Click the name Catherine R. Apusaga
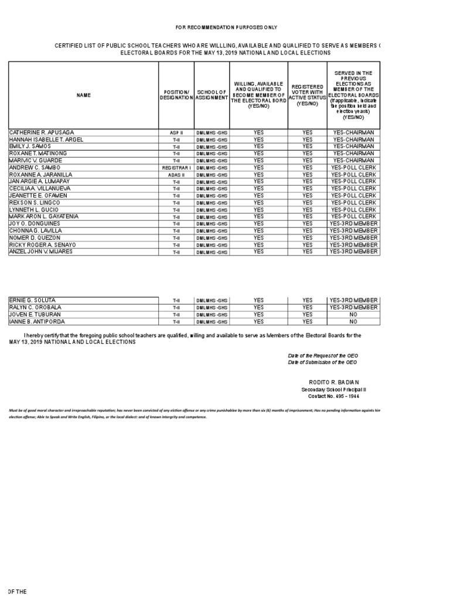[42, 133]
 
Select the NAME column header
[83, 95]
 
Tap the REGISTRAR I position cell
[176, 168]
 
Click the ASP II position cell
[176, 133]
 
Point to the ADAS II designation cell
[176, 175]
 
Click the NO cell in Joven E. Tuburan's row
[353, 315]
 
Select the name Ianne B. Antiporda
[36, 322]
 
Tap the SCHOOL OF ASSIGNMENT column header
[212, 95]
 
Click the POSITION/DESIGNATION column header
[176, 95]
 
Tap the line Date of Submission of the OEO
[322, 362]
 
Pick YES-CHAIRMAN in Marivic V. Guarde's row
[353, 161]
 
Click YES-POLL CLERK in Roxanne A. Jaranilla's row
[353, 175]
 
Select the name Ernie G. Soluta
[33, 301]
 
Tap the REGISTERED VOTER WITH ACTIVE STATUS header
[307, 95]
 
